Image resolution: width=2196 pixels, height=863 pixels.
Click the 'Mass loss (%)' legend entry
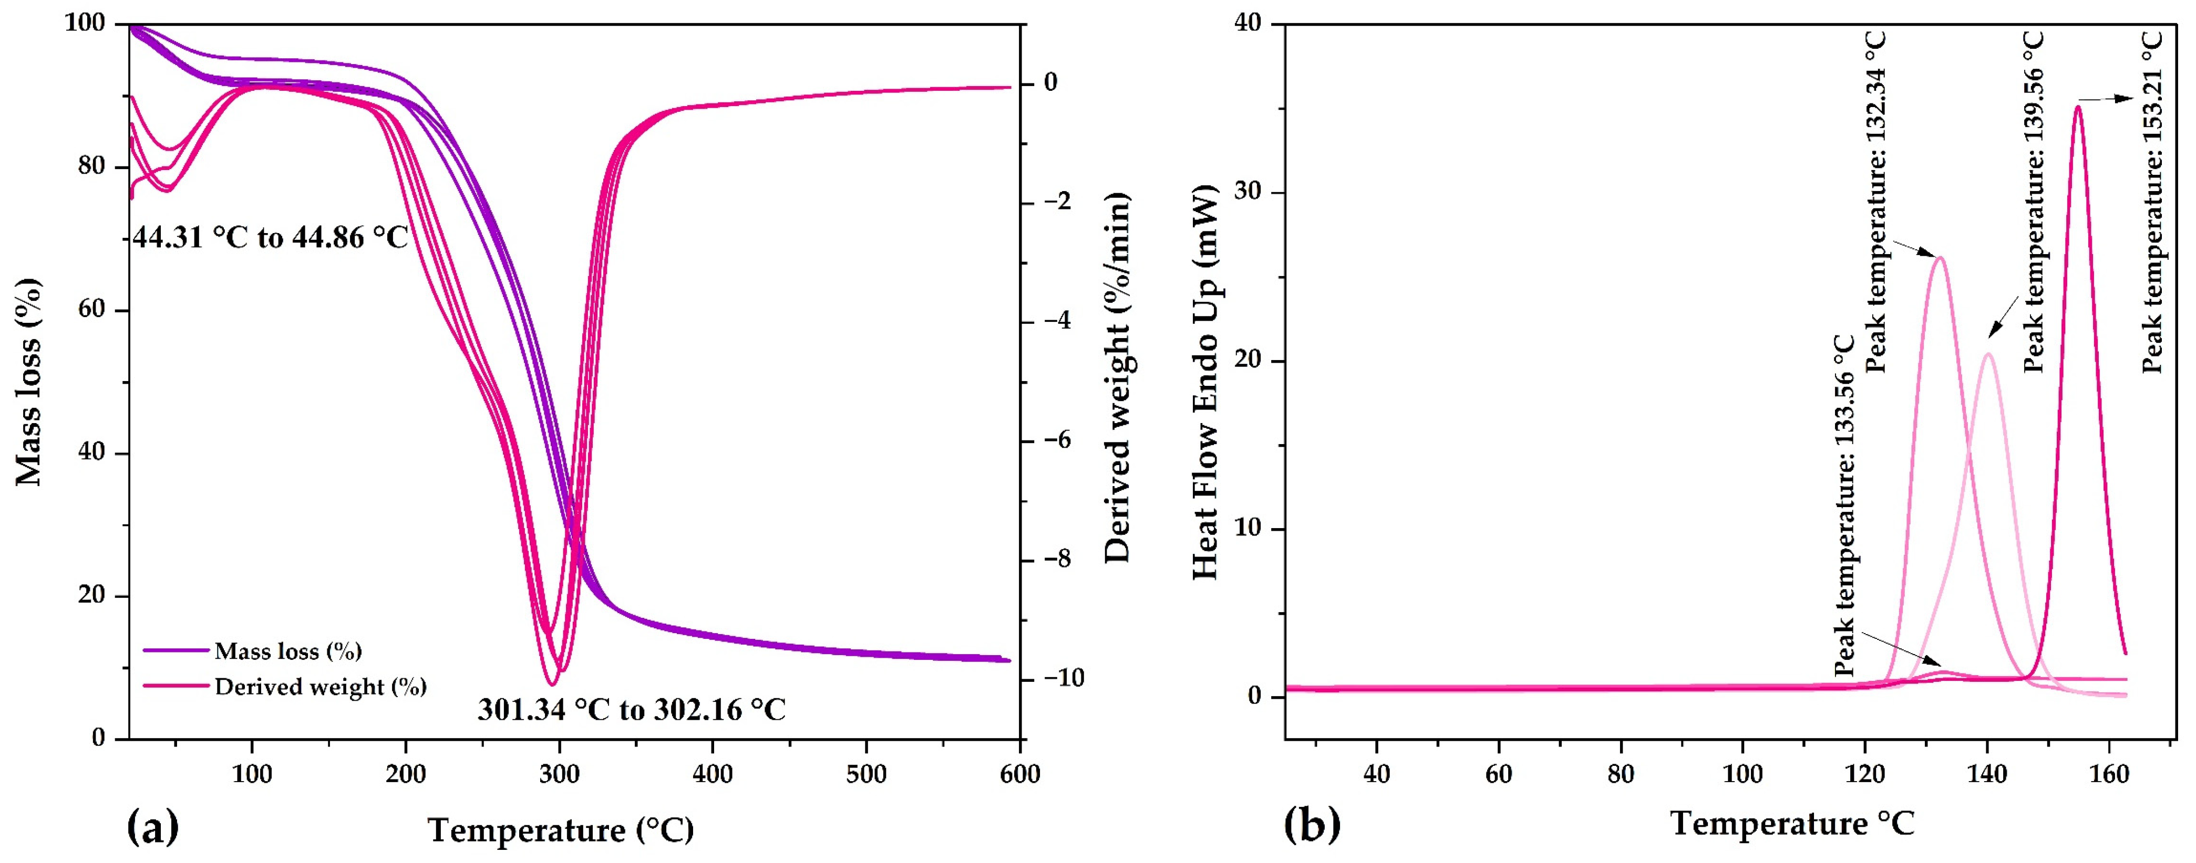point(287,652)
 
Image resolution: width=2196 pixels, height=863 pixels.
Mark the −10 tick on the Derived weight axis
point(1051,679)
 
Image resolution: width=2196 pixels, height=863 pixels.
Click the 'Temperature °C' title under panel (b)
point(1791,824)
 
